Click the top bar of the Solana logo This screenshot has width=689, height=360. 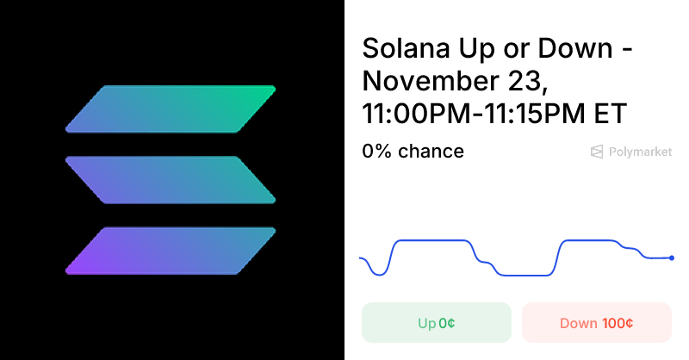tap(171, 109)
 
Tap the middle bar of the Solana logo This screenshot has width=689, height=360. tap(171, 180)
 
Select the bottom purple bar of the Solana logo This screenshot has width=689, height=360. tap(171, 251)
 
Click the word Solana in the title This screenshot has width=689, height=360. tap(406, 48)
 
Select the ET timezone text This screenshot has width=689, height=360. tap(611, 114)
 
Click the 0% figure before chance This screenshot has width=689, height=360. tap(376, 152)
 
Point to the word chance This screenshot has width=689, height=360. tap(431, 152)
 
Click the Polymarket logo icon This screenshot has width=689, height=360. tap(596, 152)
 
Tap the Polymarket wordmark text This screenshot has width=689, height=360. tap(640, 152)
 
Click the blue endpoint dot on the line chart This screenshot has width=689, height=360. tap(672, 258)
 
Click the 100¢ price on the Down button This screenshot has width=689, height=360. tap(618, 324)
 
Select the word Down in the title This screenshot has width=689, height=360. tap(574, 48)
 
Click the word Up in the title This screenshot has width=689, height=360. tap(477, 49)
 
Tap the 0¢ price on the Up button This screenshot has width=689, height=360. tap(446, 324)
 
